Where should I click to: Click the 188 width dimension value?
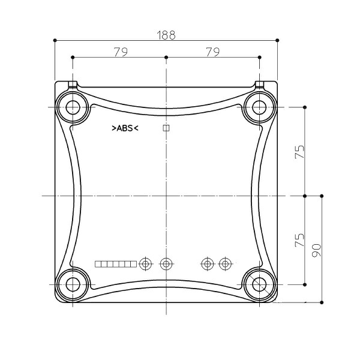click(x=166, y=35)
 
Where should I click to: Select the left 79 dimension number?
click(x=121, y=52)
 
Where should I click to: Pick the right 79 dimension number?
click(x=213, y=52)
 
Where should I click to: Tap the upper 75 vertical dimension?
click(x=299, y=152)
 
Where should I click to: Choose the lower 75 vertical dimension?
click(x=299, y=240)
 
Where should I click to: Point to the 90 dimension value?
click(x=317, y=250)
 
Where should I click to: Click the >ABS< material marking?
click(x=125, y=128)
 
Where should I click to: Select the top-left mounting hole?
click(x=73, y=107)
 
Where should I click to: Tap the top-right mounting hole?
click(x=259, y=107)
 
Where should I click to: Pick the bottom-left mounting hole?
click(x=73, y=284)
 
